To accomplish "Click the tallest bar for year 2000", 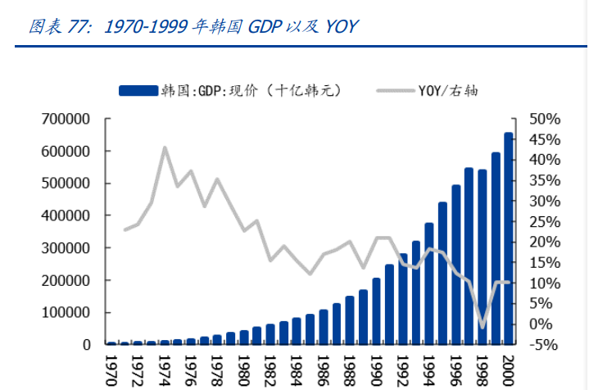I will tap(509, 238).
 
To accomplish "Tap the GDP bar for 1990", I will tap(376, 311).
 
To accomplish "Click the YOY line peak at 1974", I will tap(165, 147).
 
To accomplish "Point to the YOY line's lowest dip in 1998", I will tap(483, 327).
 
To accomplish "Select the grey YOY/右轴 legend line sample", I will tap(394, 91).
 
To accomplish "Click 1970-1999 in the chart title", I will tap(144, 27).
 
